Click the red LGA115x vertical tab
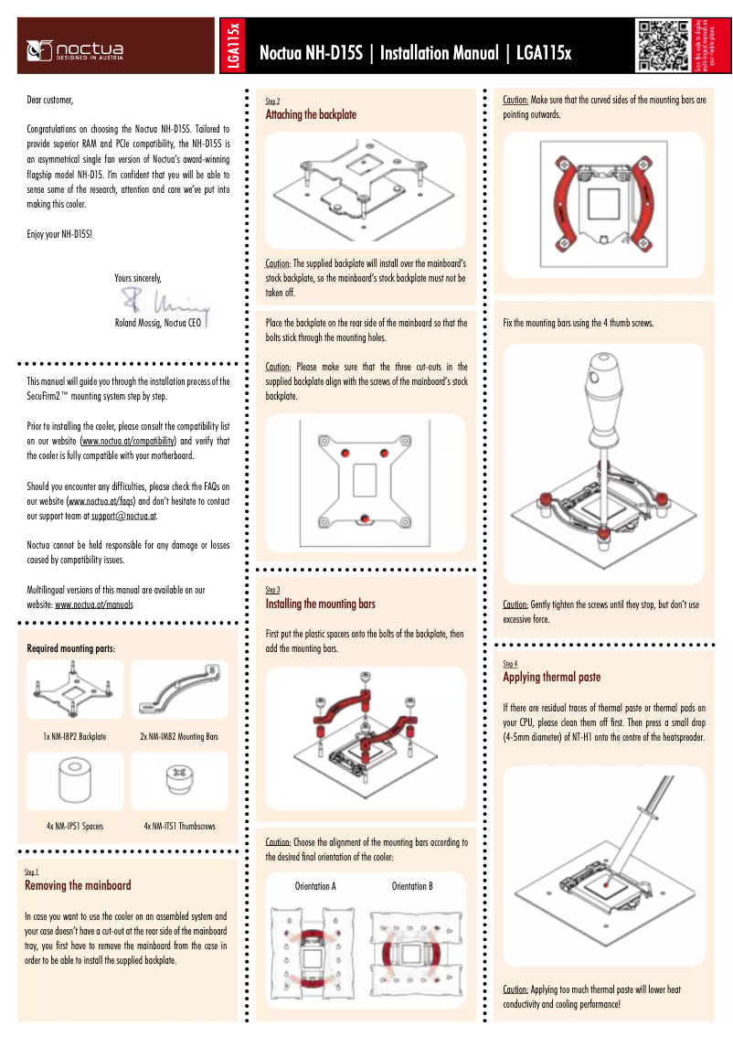pyautogui.click(x=233, y=46)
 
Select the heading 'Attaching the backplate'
pyautogui.click(x=310, y=115)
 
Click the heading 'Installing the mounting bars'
pyautogui.click(x=320, y=604)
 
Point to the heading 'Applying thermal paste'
pyautogui.click(x=551, y=677)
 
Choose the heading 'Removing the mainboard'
pyautogui.click(x=78, y=885)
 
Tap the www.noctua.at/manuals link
pyautogui.click(x=94, y=604)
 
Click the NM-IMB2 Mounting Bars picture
pyautogui.click(x=179, y=690)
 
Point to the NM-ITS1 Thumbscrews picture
pyautogui.click(x=179, y=783)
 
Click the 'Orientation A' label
pyautogui.click(x=315, y=886)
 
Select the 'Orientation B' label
pyautogui.click(x=412, y=886)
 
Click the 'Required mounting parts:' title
pyautogui.click(x=71, y=648)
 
